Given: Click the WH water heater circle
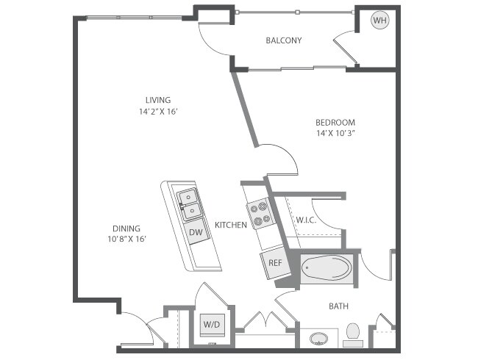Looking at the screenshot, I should pyautogui.click(x=379, y=21).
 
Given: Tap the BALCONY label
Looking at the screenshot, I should pyautogui.click(x=284, y=41).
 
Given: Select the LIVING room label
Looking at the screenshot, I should pyautogui.click(x=157, y=100).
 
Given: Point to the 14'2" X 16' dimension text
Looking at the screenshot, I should pyautogui.click(x=157, y=112).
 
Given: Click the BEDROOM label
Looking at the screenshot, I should pyautogui.click(x=335, y=122).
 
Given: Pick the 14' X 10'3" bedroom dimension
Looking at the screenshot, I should pyautogui.click(x=335, y=133).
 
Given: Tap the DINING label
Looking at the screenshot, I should pyautogui.click(x=126, y=228).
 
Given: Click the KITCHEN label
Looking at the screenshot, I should pyautogui.click(x=230, y=225).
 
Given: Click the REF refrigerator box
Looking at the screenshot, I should pyautogui.click(x=275, y=262).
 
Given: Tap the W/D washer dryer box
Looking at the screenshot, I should pyautogui.click(x=212, y=323).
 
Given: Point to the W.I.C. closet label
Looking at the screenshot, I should pyautogui.click(x=306, y=220).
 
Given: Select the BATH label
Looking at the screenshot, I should pyautogui.click(x=338, y=306).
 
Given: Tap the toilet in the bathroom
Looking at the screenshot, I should pyautogui.click(x=353, y=335).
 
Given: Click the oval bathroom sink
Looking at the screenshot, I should pyautogui.click(x=318, y=339).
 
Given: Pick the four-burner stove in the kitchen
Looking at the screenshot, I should pyautogui.click(x=260, y=214).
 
